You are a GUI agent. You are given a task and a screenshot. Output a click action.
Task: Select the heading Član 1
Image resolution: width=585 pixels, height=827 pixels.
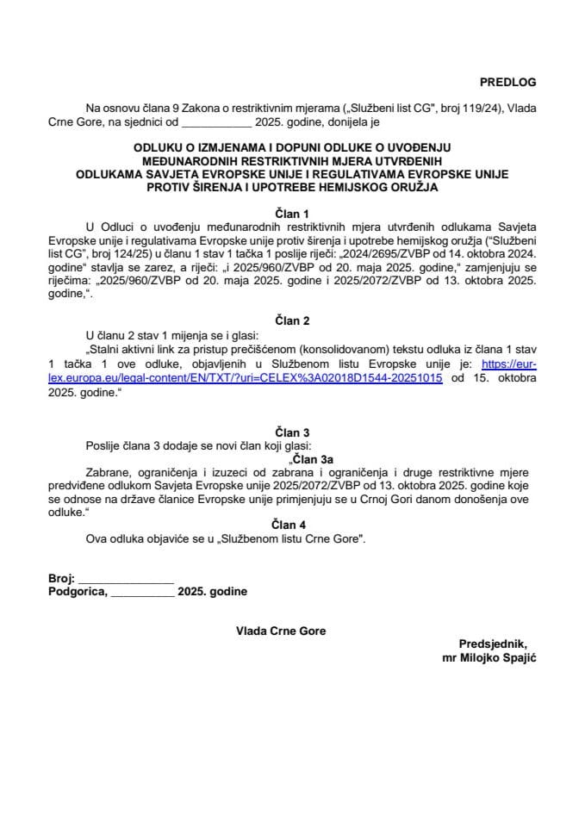(292, 210)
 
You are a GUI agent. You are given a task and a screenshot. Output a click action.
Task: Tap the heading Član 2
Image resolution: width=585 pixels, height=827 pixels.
(292, 320)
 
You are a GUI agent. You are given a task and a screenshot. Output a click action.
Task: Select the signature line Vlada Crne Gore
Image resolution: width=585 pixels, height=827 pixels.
(281, 631)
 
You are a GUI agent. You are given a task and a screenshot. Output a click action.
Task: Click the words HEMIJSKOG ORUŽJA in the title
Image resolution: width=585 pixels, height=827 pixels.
(392, 187)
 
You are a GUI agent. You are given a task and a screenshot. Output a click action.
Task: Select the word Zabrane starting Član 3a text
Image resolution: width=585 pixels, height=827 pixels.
(108, 473)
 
